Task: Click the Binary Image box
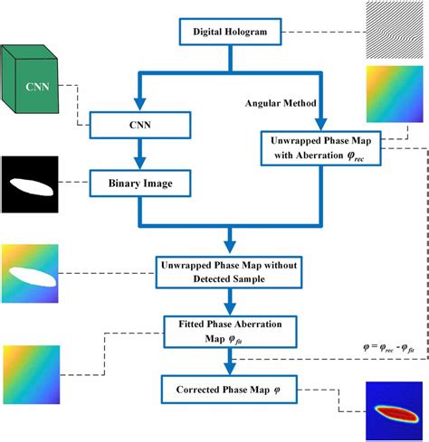click(141, 186)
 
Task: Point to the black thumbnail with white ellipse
click(28, 184)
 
